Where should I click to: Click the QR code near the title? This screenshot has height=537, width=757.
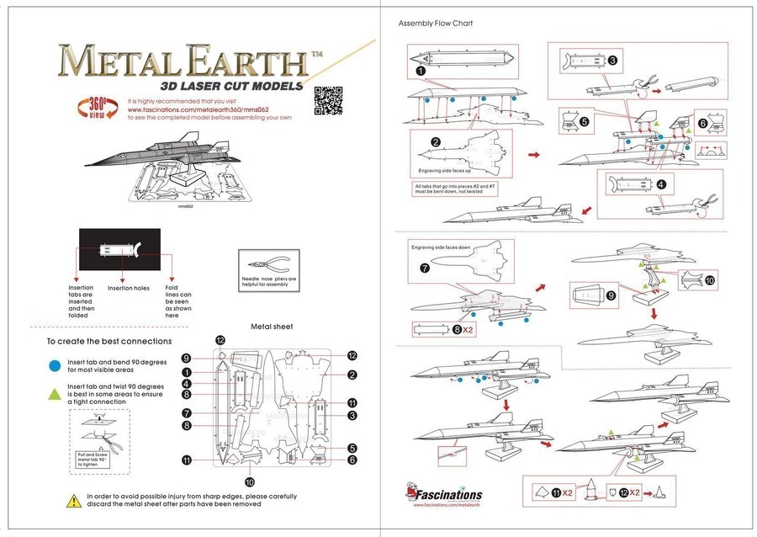tap(329, 100)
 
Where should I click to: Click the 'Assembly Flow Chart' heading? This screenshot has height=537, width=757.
tap(435, 23)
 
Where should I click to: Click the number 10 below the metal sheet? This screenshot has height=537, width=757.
tap(250, 482)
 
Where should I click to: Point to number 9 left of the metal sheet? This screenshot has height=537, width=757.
tap(186, 358)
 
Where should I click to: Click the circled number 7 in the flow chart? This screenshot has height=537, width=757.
tap(425, 269)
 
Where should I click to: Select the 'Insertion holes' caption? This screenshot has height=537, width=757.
tap(129, 288)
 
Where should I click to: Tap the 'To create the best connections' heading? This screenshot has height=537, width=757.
tap(109, 342)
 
